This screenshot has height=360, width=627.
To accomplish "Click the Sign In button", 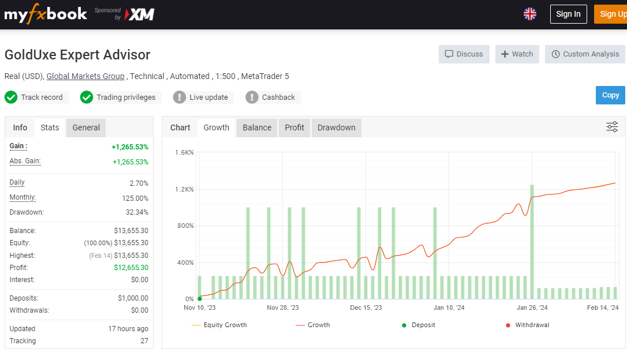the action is [568, 14].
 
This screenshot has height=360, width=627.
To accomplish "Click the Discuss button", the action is [464, 54].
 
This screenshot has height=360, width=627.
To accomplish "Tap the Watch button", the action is [517, 54].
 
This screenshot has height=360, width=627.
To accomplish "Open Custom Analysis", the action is [585, 54].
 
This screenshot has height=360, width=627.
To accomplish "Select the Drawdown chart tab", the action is [336, 128].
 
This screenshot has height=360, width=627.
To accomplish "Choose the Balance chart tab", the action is [257, 128].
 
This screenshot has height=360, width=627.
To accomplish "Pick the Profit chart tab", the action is [294, 128].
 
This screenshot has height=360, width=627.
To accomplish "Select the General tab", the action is [86, 128].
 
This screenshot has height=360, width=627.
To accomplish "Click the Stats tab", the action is [50, 128].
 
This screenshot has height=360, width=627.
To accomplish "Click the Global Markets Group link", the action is [85, 76].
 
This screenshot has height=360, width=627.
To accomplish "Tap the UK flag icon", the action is [530, 14].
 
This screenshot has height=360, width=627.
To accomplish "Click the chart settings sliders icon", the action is [612, 127].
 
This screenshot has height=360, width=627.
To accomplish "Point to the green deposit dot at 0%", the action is [200, 298].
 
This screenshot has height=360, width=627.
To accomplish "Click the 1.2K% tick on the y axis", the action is [184, 189].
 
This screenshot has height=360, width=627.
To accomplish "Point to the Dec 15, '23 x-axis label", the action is [366, 307].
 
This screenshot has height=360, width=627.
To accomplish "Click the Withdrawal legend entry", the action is [528, 325].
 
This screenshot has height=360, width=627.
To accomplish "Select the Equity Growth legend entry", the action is [219, 325].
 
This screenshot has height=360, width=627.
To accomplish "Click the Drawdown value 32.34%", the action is [137, 212].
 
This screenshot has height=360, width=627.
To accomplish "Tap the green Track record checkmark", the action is [11, 97].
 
